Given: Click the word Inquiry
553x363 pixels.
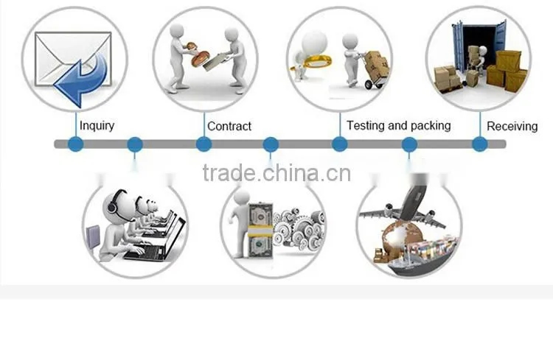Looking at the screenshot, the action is coord(97,126).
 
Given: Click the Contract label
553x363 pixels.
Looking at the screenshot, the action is coord(229,126).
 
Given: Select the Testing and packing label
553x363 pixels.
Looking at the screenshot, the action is coord(398,125).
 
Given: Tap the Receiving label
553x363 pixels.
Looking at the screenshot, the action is coord(512,126).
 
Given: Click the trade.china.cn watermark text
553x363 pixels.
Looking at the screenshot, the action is coord(276,172).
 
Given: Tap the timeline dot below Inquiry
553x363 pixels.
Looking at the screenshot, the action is coord(75,144).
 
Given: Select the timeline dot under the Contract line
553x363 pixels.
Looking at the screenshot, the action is coord(204,144).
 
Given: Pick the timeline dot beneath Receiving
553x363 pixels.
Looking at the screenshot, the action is coord(480,144).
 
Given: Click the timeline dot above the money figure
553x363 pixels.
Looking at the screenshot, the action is coord(271,144).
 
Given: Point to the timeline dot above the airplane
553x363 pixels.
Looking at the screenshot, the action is coord(409,144).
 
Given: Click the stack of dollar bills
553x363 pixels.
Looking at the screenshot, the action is coord(260,230).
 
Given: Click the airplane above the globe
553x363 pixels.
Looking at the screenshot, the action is coord(406,208).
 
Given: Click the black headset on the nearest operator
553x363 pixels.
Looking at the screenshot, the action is coord(114,204).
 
